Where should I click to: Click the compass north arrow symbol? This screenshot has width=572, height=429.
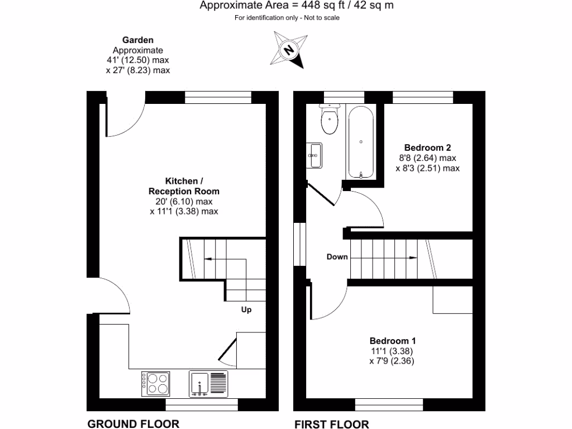(289, 50)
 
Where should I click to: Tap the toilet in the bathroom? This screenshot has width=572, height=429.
(330, 120)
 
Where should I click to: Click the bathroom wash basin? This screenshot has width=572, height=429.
(314, 155)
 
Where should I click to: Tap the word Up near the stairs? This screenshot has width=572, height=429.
(246, 309)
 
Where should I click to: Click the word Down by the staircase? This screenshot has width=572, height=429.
(337, 257)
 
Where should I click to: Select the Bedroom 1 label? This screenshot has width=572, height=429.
(392, 341)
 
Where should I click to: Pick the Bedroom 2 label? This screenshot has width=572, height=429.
(427, 148)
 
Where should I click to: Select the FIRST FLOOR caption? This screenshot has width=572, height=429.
(332, 423)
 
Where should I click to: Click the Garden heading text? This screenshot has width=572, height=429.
(137, 40)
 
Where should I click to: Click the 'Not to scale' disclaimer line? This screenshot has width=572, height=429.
(287, 18)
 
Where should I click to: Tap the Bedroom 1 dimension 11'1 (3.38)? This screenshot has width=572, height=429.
(392, 351)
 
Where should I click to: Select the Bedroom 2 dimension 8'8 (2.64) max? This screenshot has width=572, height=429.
(427, 158)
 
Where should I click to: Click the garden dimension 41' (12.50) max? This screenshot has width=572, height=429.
(137, 60)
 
